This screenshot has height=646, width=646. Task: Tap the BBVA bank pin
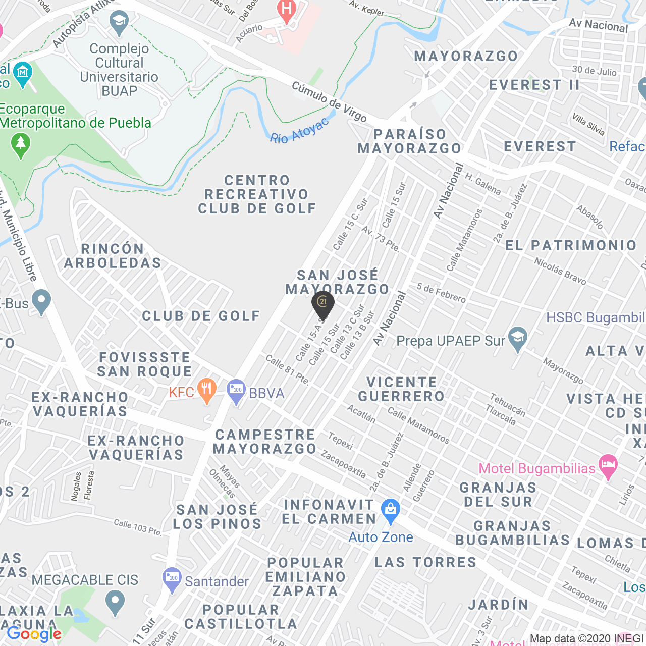coord(236,391)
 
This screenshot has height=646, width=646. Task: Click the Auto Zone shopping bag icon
coord(391,510)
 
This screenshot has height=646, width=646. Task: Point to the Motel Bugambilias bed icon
coord(608,466)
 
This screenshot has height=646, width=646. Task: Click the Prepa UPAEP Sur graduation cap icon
coord(517,339)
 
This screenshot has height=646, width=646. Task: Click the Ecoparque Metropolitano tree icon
coord(21,145)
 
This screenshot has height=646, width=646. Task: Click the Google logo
coord(34,634)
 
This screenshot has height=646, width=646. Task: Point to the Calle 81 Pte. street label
coord(287,370)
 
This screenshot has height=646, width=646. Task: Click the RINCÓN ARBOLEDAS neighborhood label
coord(113,256)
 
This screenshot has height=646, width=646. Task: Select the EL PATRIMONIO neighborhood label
coord(571,246)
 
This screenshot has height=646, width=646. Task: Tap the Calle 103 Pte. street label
coord(137,527)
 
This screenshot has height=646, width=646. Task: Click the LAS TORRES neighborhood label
coord(425,562)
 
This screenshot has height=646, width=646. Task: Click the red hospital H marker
coord(287,10)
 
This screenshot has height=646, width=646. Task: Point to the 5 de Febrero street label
coord(441,293)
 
